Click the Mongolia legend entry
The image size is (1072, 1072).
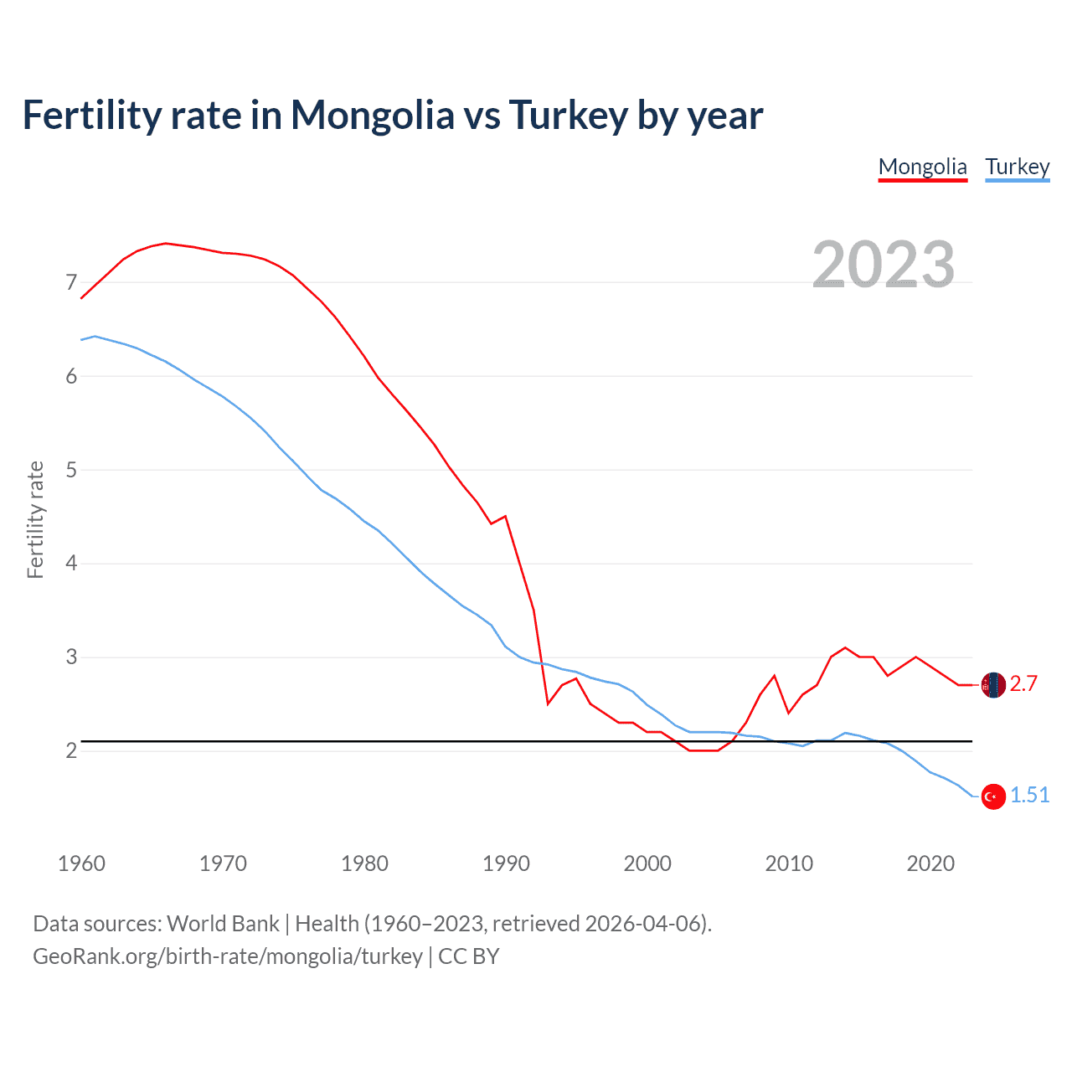pos(922,167)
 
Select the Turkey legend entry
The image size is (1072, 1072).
pos(1017,167)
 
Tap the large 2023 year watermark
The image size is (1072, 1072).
pos(884,265)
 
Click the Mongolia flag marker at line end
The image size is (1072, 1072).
pos(993,685)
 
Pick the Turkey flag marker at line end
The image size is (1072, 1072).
pos(993,796)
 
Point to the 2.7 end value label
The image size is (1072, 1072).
pos(1023,684)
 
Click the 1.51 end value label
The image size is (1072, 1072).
pos(1029,796)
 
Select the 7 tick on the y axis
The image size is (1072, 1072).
pos(71,283)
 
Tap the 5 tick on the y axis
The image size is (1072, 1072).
pos(71,471)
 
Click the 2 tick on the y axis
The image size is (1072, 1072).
pos(71,751)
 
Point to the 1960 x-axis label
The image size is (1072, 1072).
pos(81,863)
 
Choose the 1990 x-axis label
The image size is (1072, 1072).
pos(506,863)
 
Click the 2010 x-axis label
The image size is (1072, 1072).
pos(789,863)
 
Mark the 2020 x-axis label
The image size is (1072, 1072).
pos(930,863)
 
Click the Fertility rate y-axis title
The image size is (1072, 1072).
pos(35,519)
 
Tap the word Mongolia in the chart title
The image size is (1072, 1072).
pos(372,116)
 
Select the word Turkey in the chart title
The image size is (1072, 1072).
pos(568,116)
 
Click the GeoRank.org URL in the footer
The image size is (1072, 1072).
pos(228,956)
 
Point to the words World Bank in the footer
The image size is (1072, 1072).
pos(223,924)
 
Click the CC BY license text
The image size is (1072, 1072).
pos(469,956)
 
